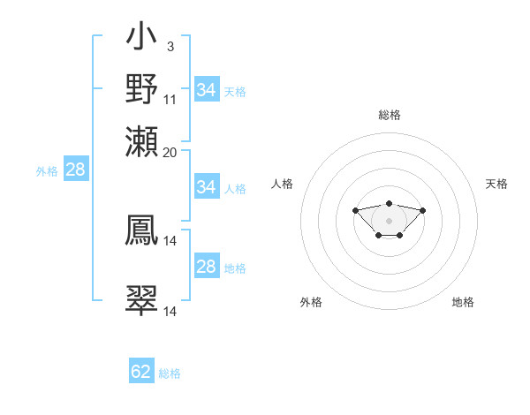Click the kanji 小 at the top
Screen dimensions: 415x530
pos(141,40)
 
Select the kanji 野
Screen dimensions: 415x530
pos(141,88)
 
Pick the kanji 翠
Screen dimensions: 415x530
pos(141,300)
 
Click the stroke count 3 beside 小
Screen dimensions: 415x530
pos(170,47)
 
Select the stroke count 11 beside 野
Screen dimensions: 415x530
pos(170,99)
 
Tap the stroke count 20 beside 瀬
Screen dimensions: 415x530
pos(170,152)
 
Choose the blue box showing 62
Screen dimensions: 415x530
pos(141,372)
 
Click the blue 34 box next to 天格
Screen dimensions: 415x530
pos(206,90)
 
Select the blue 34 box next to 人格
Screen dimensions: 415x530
pos(206,187)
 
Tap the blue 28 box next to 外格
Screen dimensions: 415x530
pos(75,170)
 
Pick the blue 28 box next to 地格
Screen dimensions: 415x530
pos(206,267)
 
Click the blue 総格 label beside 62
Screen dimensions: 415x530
pos(170,373)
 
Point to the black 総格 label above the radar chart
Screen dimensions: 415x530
pos(389,115)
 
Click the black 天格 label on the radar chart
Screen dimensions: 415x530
pos(496,184)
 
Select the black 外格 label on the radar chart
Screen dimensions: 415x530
pos(311,302)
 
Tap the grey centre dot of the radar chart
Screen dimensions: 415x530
pos(389,221)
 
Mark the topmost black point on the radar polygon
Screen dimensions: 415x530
pos(389,204)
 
